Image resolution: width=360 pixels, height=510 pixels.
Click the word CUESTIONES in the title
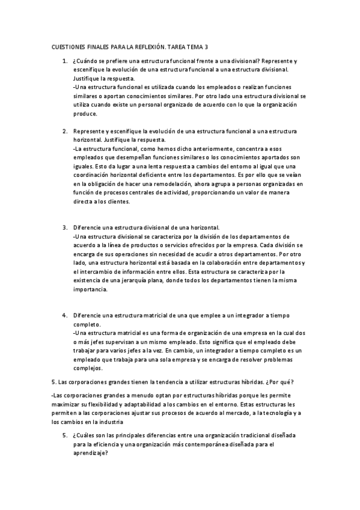64,46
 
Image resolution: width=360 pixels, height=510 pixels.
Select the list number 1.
64,61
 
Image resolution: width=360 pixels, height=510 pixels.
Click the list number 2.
64,131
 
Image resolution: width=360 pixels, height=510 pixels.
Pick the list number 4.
64,315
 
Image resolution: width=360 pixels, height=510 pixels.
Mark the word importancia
90,289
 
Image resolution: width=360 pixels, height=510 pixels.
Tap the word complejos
88,368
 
